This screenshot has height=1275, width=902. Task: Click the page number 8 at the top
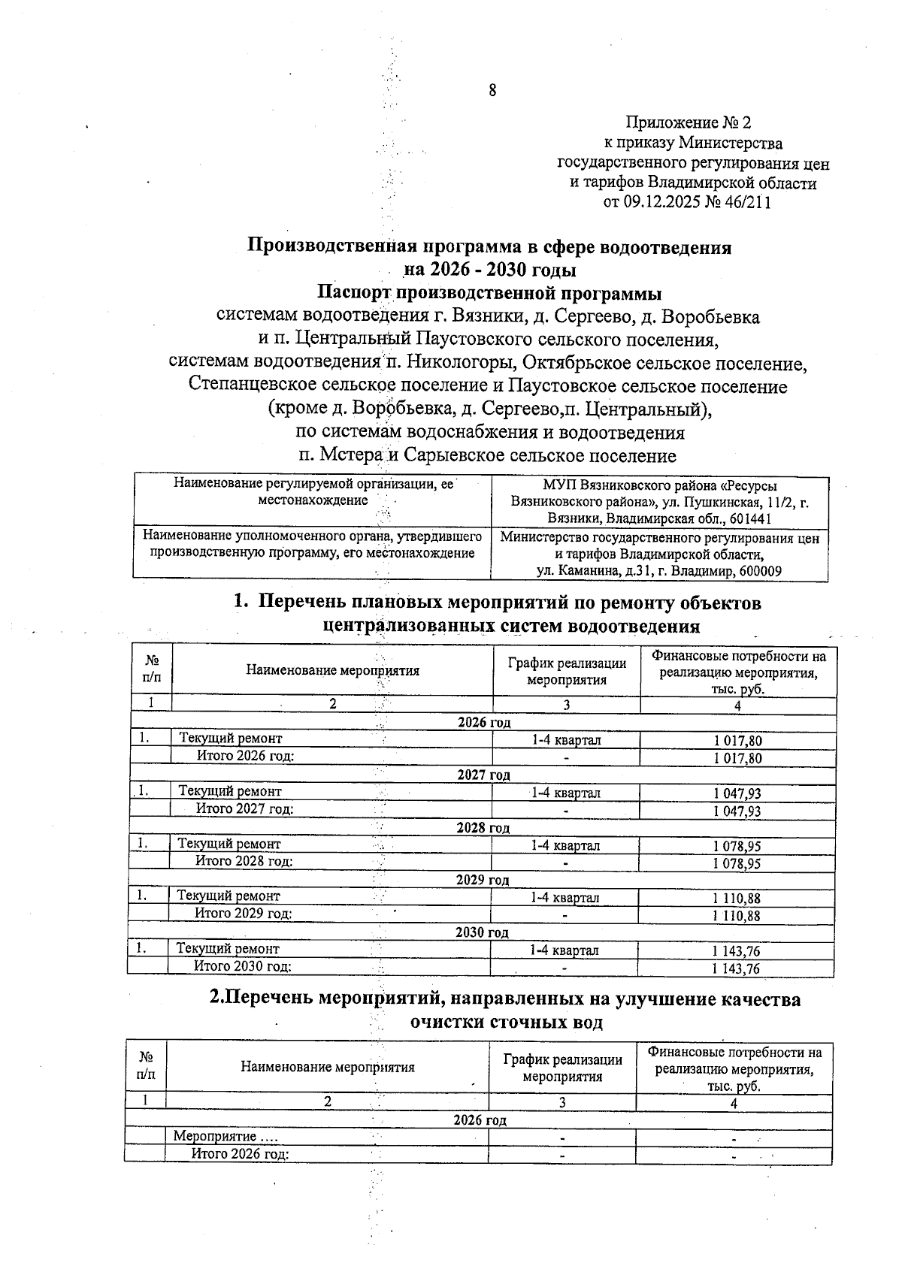[x=492, y=91]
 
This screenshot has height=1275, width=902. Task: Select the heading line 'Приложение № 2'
[x=689, y=122]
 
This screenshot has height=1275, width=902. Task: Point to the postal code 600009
[x=761, y=571]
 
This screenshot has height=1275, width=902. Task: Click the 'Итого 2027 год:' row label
[x=244, y=809]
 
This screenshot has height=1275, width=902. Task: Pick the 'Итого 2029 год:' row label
[x=243, y=914]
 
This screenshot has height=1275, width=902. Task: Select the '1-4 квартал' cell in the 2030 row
[x=564, y=950]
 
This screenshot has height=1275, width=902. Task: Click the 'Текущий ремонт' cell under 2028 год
[x=229, y=844]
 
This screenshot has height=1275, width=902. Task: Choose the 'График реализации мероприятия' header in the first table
[x=566, y=671]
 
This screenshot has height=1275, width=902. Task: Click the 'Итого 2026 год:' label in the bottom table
[x=240, y=1155]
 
